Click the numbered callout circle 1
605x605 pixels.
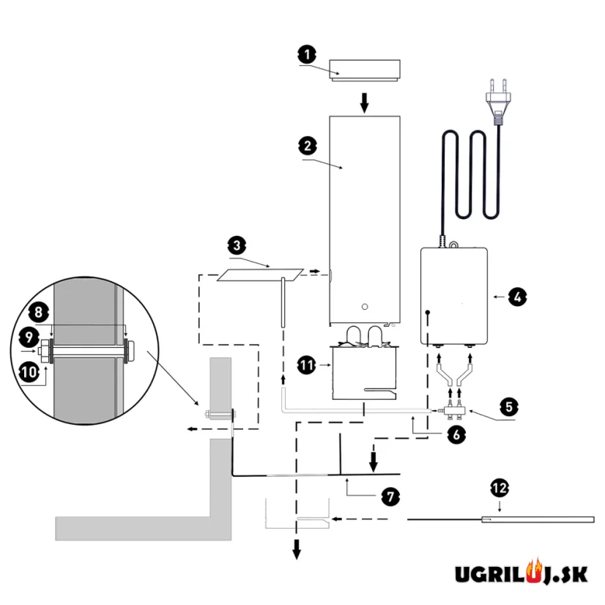click(x=307, y=53)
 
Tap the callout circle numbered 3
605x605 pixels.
click(x=236, y=244)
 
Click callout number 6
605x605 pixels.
click(x=455, y=434)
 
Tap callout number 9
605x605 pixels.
click(x=29, y=338)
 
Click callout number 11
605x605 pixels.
click(x=306, y=362)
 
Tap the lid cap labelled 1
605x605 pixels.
click(x=364, y=69)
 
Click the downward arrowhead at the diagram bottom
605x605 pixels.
click(x=297, y=549)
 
